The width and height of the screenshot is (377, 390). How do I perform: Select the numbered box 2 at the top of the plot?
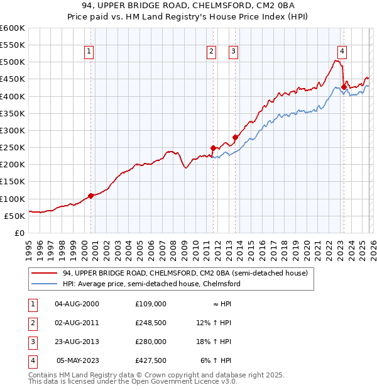211,52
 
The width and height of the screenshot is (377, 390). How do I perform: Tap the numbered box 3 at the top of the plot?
233,52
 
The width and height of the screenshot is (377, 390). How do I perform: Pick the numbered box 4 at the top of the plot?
342,52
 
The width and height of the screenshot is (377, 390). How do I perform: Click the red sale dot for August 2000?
90,196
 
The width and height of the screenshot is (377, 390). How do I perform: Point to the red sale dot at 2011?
213,148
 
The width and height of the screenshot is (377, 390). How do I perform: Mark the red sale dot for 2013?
236,137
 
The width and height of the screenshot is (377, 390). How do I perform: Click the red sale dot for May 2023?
344,87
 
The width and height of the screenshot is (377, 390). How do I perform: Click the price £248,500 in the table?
150,322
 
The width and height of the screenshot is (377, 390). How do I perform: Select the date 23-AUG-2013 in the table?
77,341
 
